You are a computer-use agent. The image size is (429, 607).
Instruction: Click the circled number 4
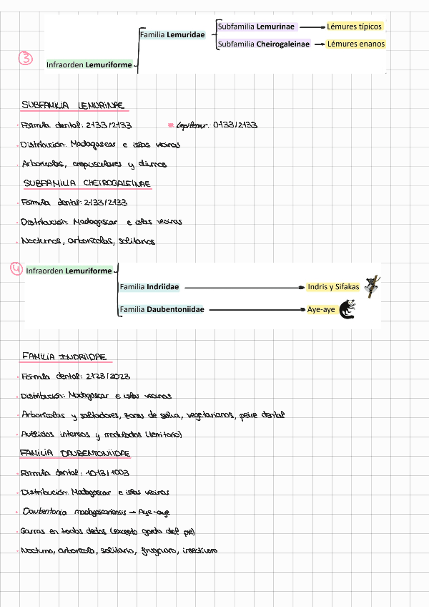pos(16,269)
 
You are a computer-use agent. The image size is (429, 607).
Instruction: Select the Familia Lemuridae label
pos(172,34)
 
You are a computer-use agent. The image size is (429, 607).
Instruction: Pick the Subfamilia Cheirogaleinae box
pos(263,44)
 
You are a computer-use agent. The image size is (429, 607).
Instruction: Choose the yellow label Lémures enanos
pos(355,44)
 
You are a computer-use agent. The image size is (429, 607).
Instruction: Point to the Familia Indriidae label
pos(149,287)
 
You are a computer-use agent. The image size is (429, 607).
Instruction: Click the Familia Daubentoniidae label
pos(162,309)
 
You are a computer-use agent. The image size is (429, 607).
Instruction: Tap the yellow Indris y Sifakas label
pos(332,287)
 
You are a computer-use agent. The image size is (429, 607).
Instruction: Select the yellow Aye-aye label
pos(320,309)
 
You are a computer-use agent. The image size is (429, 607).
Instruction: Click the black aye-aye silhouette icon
pos(347,309)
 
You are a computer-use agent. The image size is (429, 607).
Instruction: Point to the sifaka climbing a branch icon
pos(372,286)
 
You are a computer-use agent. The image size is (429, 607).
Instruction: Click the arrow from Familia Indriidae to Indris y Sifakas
pos(244,287)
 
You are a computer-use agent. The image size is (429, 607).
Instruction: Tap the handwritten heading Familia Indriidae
pos(64,356)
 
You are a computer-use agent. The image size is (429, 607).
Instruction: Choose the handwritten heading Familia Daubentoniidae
pos(74,453)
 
